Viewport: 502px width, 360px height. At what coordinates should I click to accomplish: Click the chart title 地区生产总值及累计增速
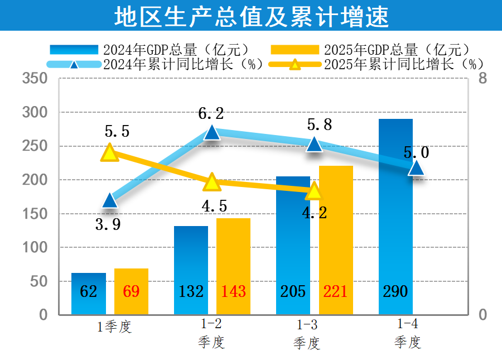point(251,16)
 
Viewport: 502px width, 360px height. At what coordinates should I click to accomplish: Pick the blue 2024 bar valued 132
point(191,270)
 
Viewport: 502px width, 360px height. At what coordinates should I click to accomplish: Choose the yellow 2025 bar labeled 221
point(336,240)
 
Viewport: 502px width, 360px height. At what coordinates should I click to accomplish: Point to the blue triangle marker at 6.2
point(212,132)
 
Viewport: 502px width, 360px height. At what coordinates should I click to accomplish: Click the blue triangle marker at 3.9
point(109,200)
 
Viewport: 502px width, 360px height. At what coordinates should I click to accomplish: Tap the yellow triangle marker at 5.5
point(109,152)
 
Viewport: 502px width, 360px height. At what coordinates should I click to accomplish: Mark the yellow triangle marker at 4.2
point(314,191)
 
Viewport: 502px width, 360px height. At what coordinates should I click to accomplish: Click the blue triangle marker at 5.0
point(416,167)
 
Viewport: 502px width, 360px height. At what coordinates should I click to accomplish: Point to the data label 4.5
point(214,206)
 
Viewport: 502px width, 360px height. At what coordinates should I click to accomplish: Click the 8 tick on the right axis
point(482,79)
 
